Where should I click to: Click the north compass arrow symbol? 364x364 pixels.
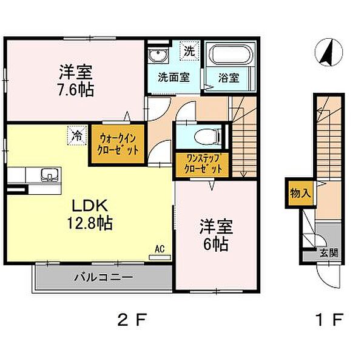[326, 53]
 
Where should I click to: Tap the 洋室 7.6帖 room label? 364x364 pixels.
[76, 81]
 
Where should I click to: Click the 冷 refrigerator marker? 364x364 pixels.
[76, 135]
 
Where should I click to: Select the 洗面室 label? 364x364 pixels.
[174, 78]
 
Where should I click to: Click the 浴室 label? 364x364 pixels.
[229, 78]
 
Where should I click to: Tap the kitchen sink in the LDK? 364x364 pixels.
[49, 177]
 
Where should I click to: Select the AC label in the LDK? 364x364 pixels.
[160, 249]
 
